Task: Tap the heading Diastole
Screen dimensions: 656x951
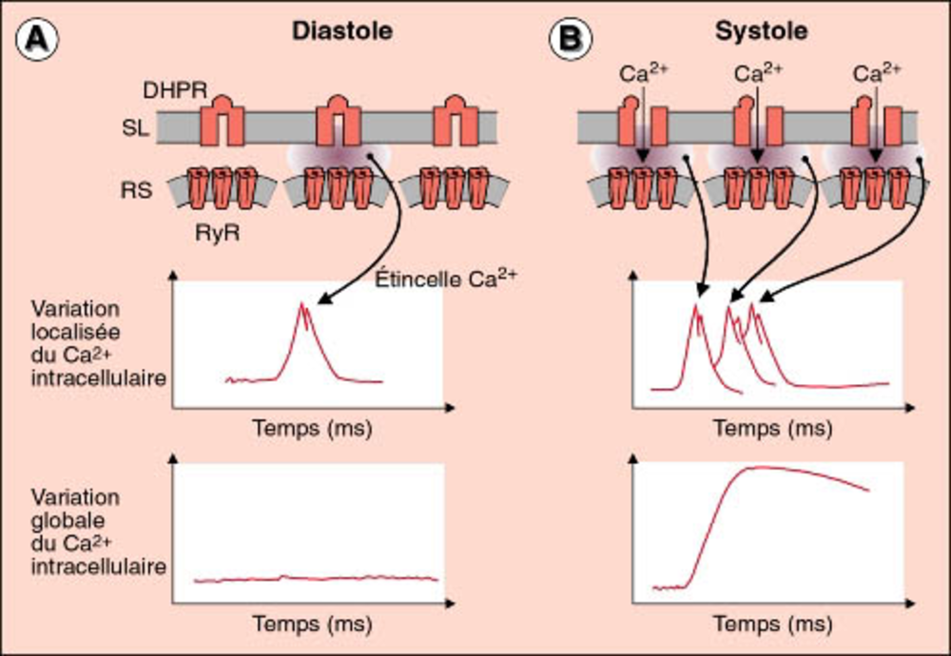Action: point(342,31)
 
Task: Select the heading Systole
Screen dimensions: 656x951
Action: point(761,31)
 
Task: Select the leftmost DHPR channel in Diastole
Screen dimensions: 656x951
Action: point(222,119)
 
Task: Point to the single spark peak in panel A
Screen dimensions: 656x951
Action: point(302,306)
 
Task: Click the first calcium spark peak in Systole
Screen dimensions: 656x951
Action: point(697,306)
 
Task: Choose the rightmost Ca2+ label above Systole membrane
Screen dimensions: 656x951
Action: point(874,73)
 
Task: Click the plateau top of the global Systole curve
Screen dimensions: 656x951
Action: point(761,468)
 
